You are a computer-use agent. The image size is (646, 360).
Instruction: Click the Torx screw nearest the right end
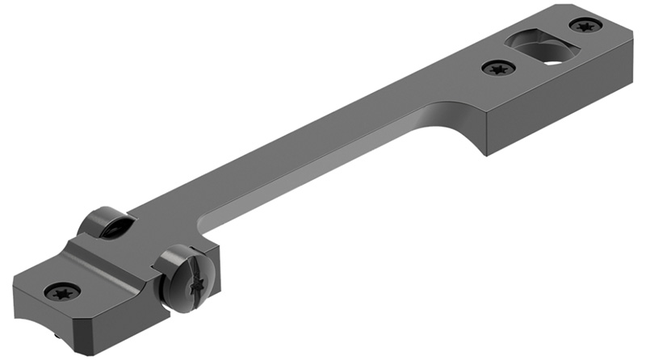pos(585,26)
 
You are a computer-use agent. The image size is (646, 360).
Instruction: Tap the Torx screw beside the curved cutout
pos(498,69)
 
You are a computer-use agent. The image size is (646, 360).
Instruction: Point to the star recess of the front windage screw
pos(196,285)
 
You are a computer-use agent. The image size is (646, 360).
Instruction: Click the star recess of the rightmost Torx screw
pos(585,26)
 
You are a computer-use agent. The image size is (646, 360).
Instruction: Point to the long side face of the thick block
pos(557,113)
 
